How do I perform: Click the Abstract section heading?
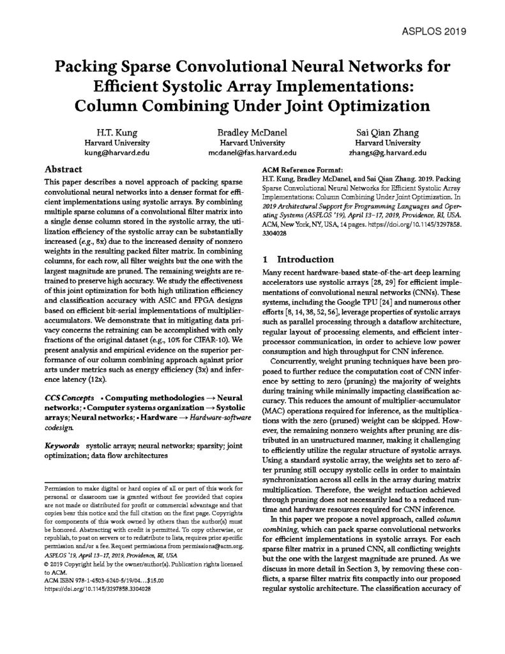click(63, 171)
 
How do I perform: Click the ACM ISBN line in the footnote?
click(96, 580)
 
